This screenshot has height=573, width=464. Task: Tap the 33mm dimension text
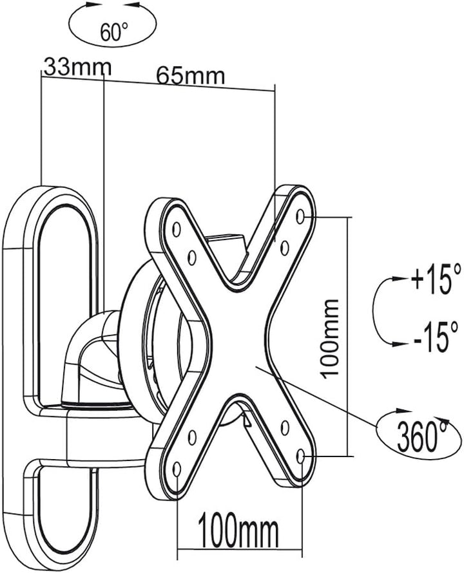click(x=77, y=66)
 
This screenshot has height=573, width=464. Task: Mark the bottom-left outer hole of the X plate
click(x=177, y=469)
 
